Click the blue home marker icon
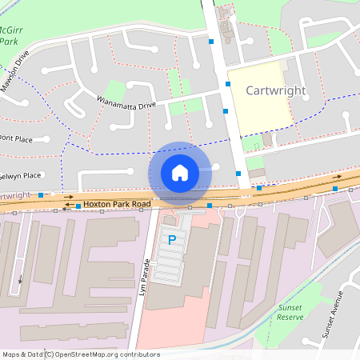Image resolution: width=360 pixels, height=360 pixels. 180,172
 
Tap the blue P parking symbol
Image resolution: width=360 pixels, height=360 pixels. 171,239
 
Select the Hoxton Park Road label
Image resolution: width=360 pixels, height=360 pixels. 118,205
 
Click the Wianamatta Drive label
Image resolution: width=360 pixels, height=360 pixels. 126,102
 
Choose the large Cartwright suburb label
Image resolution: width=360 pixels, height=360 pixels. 275,90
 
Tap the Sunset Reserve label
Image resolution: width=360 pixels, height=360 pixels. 290,312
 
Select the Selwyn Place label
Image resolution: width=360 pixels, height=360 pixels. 20,175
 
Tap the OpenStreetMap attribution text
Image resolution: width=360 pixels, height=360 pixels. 80,354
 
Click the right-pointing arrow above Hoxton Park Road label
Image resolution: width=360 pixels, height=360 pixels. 69,196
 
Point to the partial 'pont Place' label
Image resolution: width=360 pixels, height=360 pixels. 16,138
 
